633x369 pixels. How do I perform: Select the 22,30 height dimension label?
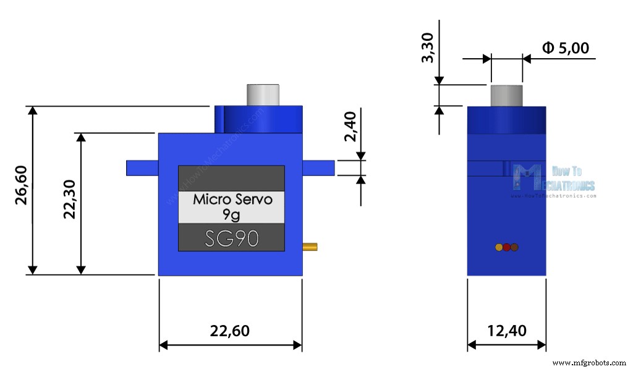[x=69, y=199]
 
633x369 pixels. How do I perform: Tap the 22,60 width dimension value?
[x=230, y=331]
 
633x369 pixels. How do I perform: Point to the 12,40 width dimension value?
[x=507, y=331]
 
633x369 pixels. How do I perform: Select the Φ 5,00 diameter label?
[x=565, y=48]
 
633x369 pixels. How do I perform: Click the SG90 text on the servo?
[x=231, y=239]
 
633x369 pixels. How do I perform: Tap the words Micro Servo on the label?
[x=231, y=200]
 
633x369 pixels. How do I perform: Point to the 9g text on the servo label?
[x=231, y=214]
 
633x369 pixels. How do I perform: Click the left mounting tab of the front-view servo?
[x=142, y=168]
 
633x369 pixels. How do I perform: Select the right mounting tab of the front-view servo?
[x=318, y=168]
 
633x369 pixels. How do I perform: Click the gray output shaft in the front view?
[x=262, y=95]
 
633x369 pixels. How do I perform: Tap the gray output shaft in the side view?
[x=506, y=95]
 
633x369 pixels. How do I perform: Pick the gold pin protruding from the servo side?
[x=310, y=247]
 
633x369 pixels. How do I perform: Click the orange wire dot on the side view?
[x=499, y=247]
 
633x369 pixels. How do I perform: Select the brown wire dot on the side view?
[x=514, y=247]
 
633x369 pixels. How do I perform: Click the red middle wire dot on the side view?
[x=506, y=247]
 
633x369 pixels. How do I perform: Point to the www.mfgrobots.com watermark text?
[x=589, y=362]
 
